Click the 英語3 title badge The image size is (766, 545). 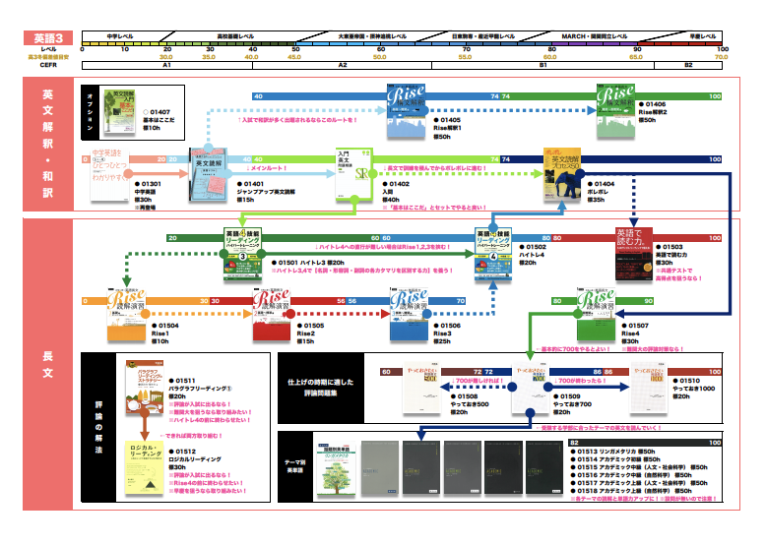click(46, 37)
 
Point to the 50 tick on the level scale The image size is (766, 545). click(294, 48)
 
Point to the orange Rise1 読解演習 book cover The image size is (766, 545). click(126, 315)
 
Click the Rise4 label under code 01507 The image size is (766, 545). click(634, 334)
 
